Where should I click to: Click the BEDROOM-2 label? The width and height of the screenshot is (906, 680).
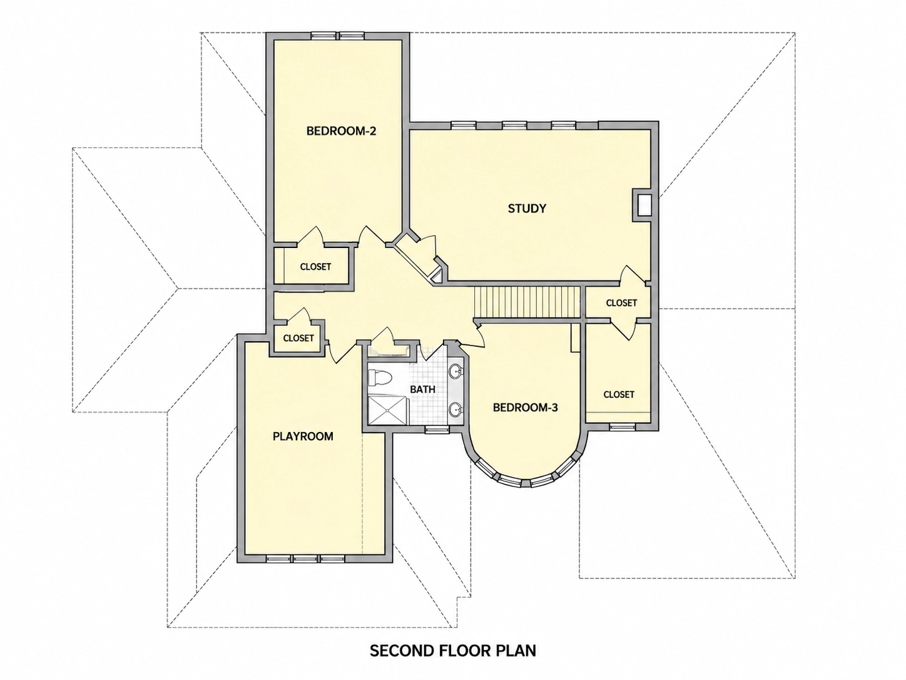(341, 131)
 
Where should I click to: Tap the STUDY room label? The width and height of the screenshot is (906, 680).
(527, 209)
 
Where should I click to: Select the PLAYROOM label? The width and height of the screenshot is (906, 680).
(303, 436)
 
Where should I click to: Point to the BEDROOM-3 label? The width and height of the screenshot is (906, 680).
(525, 408)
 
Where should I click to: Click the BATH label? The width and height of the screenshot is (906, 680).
(423, 389)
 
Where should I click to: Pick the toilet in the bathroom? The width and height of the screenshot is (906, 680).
(380, 378)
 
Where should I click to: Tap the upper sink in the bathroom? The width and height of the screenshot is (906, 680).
(456, 371)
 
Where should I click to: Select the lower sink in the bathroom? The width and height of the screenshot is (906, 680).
(456, 410)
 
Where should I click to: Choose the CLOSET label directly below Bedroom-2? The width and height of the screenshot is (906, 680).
(315, 267)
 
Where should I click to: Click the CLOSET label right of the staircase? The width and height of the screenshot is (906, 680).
(621, 303)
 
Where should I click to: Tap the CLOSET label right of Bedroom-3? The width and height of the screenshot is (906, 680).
(619, 394)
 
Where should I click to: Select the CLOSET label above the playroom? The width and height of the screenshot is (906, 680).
(298, 338)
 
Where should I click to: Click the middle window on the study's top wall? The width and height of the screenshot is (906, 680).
(515, 125)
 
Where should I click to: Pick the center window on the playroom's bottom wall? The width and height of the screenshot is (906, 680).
(305, 559)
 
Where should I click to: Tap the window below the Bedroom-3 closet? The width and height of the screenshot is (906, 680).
(621, 426)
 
